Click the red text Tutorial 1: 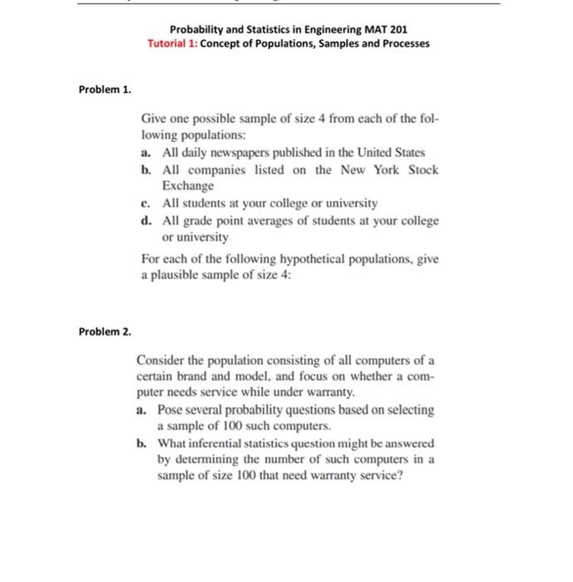173,42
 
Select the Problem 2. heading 105,331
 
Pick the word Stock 422,170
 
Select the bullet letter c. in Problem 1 146,203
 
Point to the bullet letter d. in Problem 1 146,220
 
